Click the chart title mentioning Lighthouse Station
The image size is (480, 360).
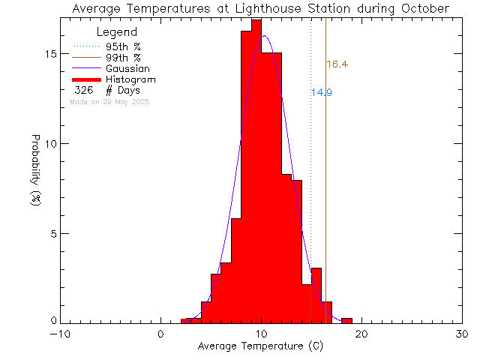click(x=261, y=8)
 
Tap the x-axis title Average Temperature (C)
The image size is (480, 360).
click(x=260, y=346)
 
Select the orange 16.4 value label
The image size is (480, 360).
click(x=337, y=64)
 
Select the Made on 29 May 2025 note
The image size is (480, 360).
click(x=109, y=101)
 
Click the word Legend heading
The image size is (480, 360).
click(x=117, y=33)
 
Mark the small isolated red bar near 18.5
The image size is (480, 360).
click(x=346, y=321)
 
